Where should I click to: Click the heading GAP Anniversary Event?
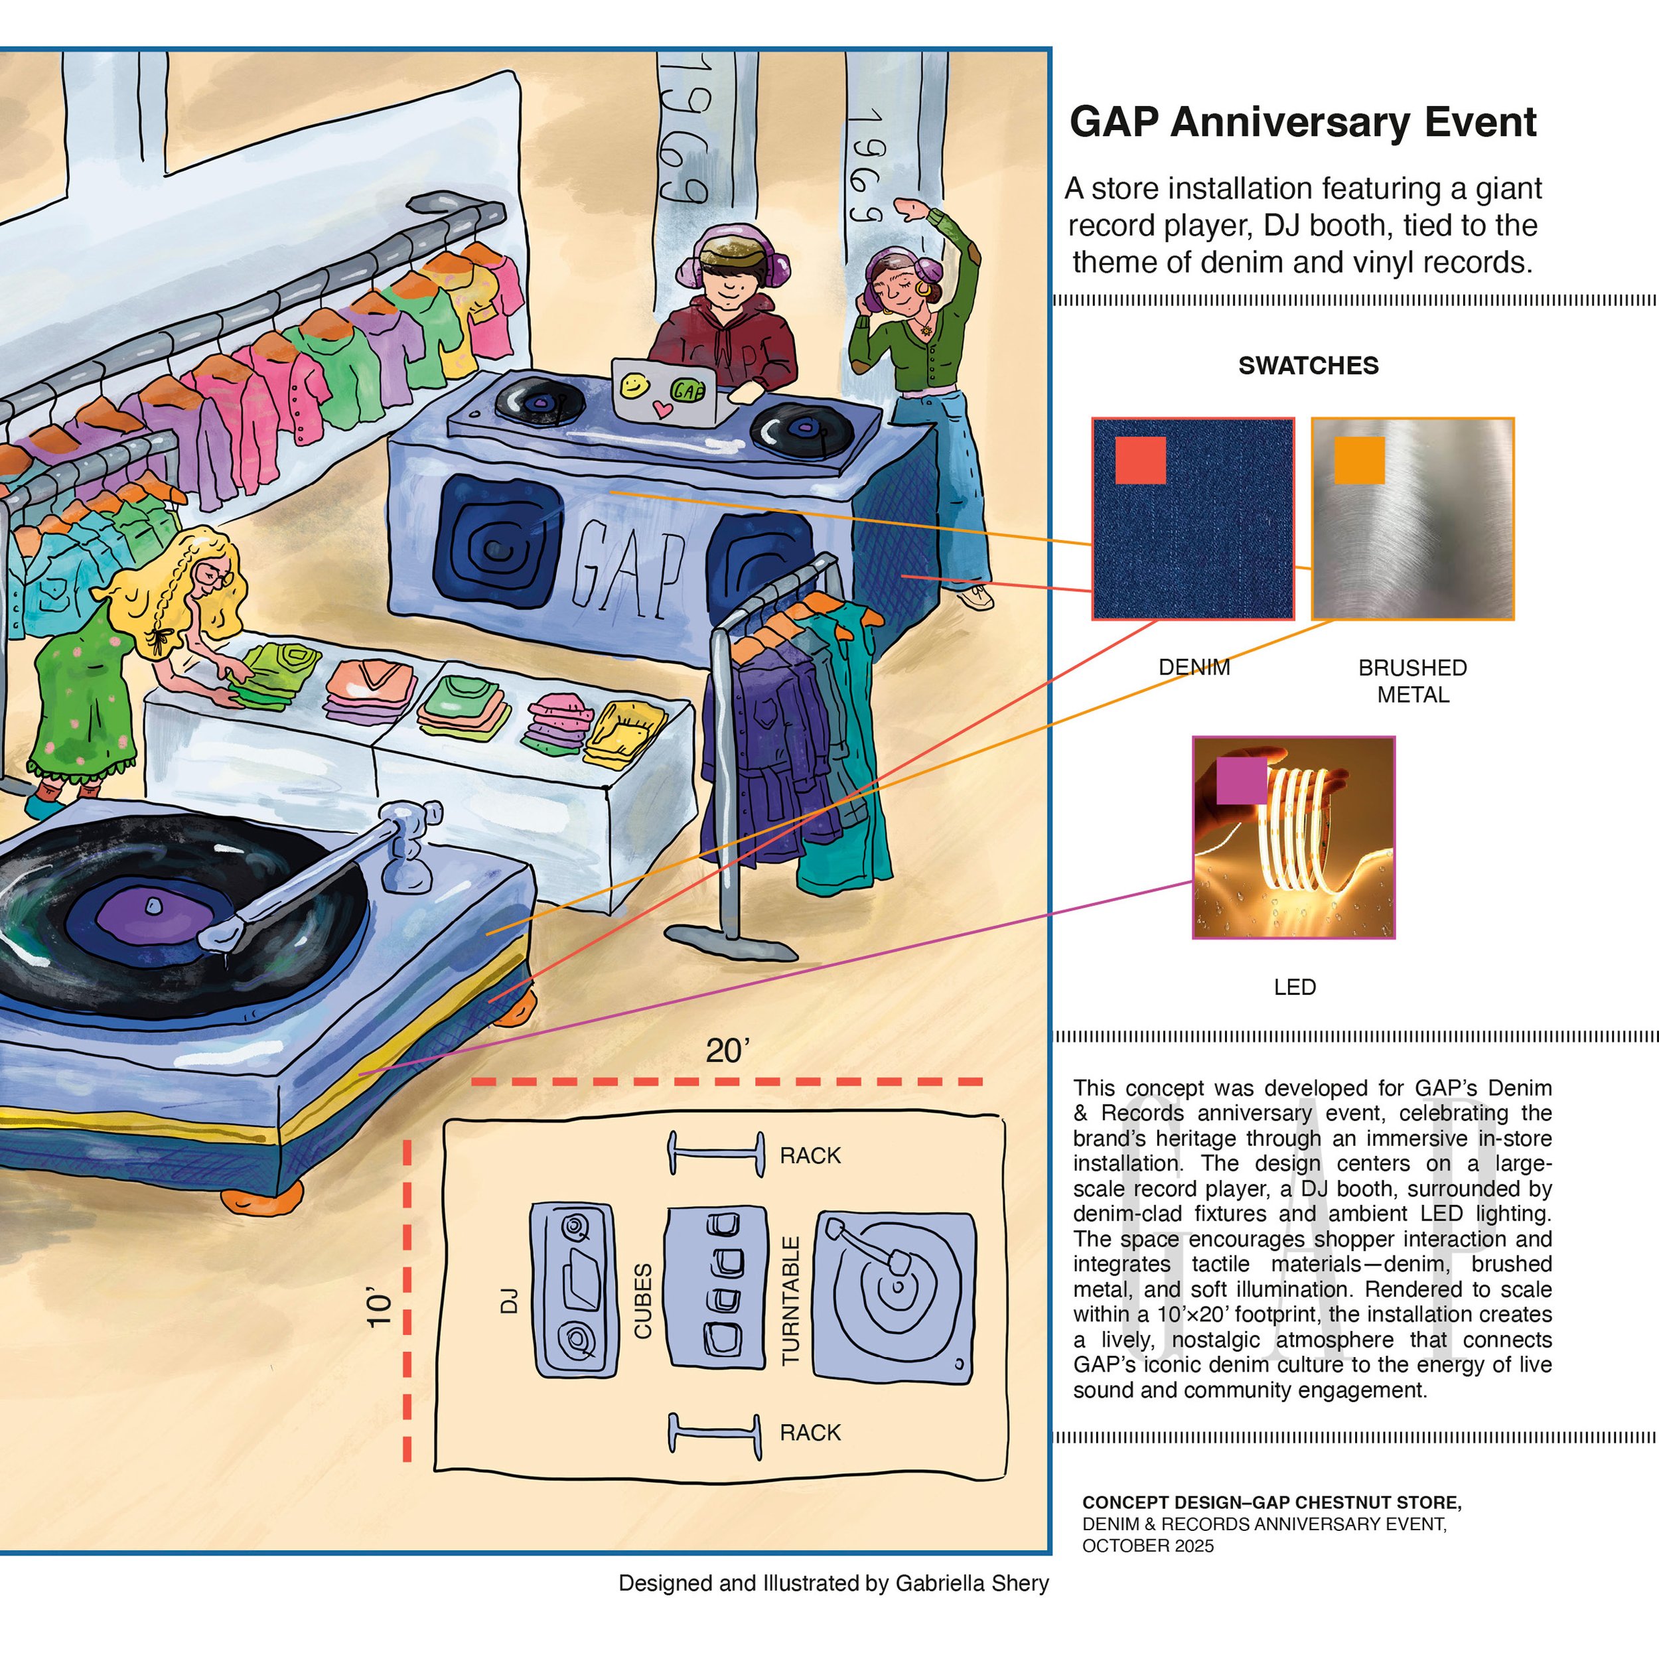tap(1302, 122)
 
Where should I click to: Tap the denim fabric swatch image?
tap(1192, 519)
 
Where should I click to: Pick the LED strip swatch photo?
tap(1293, 837)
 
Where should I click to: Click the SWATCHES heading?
tap(1308, 366)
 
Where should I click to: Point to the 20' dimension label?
tap(727, 1051)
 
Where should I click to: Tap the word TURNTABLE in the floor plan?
tap(791, 1301)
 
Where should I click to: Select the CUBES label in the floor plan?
tap(643, 1300)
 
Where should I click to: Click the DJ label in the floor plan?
tap(509, 1300)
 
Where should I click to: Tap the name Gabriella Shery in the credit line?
tap(972, 1583)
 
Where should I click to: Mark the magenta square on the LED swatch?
tap(1241, 780)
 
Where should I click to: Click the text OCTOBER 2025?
tap(1147, 1546)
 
